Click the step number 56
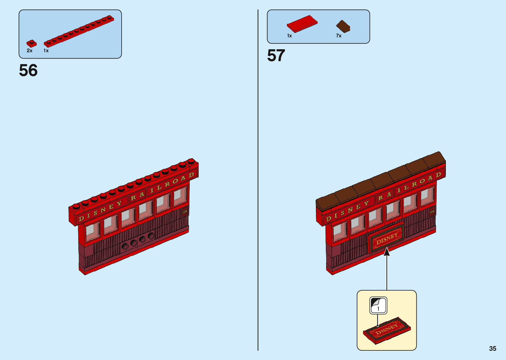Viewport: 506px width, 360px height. [28, 70]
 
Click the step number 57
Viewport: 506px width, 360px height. [276, 56]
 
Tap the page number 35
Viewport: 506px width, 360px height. [492, 348]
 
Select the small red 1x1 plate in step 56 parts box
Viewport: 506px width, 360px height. [31, 43]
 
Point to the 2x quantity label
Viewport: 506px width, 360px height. [30, 51]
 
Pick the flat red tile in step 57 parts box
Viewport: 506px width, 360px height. [302, 24]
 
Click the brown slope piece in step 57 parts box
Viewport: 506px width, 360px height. [343, 26]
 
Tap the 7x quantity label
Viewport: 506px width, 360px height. [339, 36]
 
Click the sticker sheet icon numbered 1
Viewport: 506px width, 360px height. [378, 305]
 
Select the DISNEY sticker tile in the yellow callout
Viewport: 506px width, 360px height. [387, 330]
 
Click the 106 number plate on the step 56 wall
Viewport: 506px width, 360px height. [184, 212]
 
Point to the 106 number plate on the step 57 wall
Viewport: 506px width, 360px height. [432, 212]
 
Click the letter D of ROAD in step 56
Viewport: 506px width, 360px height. [191, 175]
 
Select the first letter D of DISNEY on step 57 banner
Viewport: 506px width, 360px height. [328, 219]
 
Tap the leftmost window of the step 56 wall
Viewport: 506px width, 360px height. [93, 231]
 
